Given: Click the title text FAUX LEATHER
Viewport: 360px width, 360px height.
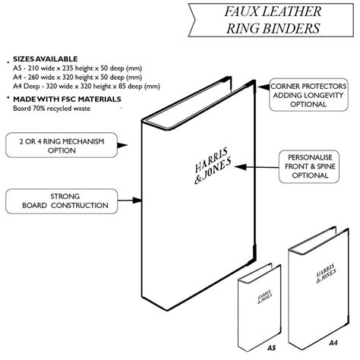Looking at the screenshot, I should [x=270, y=13].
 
